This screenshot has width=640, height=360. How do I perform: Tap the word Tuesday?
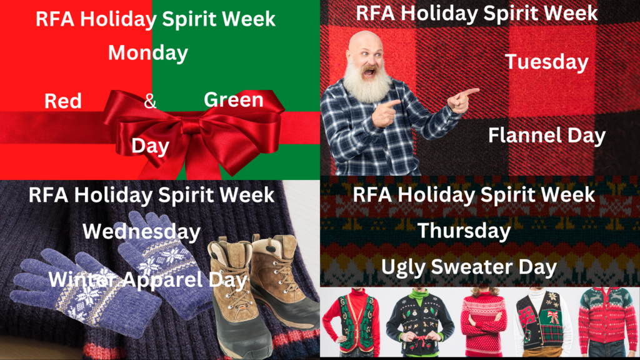546,62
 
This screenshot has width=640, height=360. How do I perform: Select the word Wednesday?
142,231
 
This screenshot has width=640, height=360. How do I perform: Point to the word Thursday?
464,231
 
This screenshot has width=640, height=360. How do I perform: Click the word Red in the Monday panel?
63,101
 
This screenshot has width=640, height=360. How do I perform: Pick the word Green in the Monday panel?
234,99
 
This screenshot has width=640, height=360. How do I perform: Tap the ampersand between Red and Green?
150,101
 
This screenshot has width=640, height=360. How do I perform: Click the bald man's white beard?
366,82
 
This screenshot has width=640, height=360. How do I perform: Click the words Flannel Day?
546,136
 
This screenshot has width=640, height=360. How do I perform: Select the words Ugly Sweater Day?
469,267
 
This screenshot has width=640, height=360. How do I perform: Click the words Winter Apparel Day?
147,280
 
